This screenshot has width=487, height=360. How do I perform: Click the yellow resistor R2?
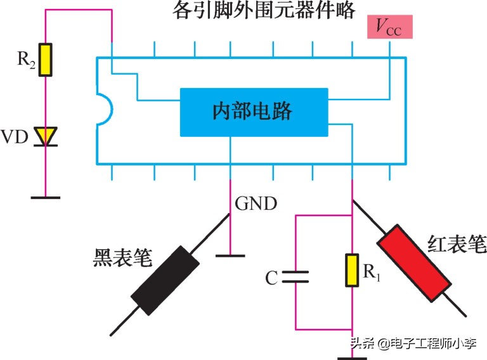46,60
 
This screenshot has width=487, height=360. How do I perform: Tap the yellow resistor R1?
352,270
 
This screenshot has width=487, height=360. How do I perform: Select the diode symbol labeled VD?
46,136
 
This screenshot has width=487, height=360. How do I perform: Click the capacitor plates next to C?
295,277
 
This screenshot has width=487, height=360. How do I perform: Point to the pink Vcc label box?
390,27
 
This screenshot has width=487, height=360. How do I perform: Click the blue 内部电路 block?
254,112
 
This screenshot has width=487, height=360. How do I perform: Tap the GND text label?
256,203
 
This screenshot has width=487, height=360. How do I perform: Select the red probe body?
414,264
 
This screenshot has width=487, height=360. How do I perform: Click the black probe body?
165,281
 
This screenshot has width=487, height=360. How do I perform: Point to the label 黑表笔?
123,257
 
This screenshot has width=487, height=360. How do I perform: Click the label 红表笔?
457,244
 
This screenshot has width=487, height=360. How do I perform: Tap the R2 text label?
26,59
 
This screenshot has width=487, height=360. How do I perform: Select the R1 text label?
372,272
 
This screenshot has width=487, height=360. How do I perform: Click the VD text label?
15,136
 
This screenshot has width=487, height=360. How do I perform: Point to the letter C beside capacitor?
271,278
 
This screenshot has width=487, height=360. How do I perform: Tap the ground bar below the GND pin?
230,255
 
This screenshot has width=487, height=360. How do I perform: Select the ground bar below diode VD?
46,197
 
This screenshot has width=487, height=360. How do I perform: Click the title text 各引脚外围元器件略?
264,10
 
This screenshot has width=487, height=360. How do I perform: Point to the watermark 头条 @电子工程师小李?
413,344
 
